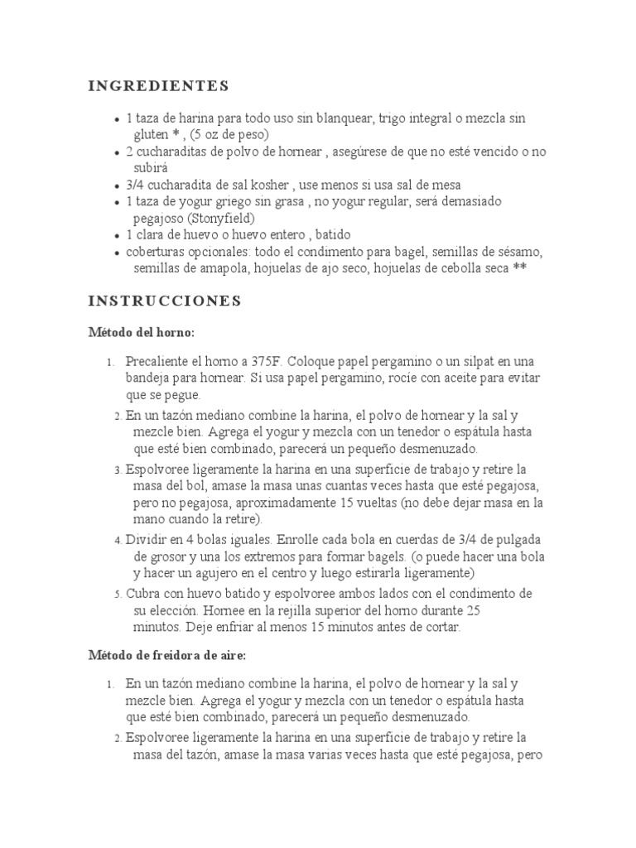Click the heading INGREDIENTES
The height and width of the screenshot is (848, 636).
[158, 85]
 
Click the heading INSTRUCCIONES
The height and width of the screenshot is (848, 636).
[165, 301]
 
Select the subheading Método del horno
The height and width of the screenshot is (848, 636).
[142, 332]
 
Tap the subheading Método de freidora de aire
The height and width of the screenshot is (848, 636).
[168, 655]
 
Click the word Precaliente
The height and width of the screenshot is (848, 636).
[158, 362]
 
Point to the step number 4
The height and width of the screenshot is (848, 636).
[118, 540]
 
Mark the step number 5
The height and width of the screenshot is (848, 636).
[118, 595]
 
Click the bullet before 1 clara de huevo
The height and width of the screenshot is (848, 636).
[118, 235]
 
